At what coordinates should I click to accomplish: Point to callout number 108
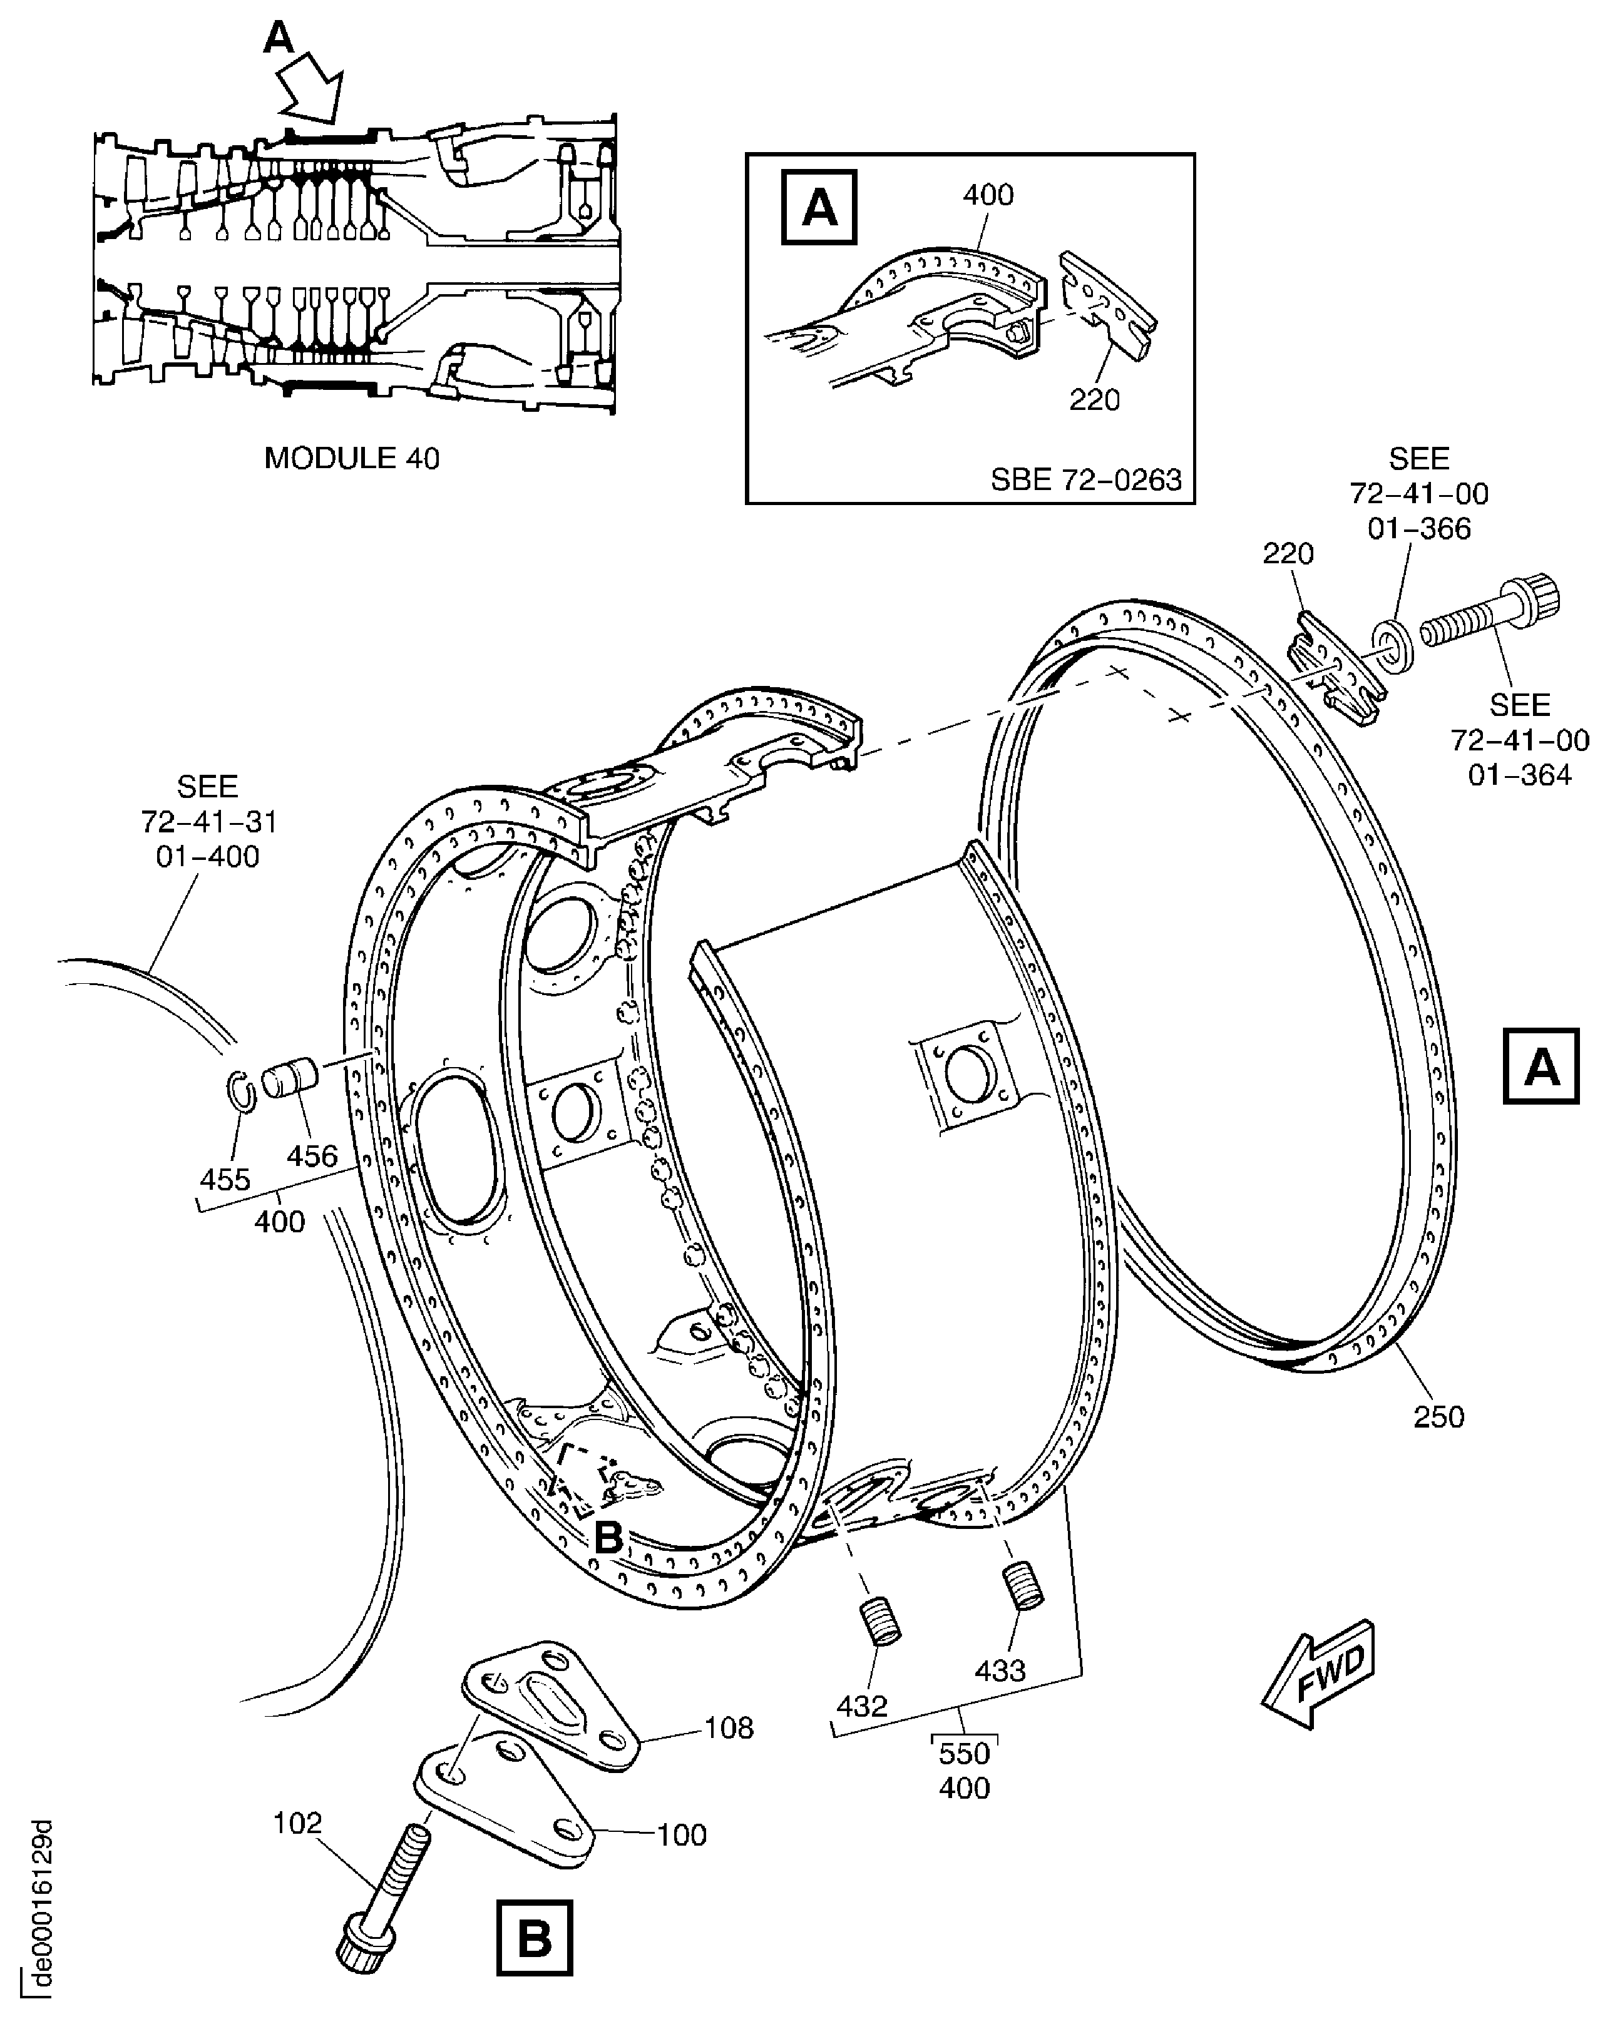[x=728, y=1728]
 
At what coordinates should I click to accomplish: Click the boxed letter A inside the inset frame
[x=819, y=207]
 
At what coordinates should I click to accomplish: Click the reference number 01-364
[x=1519, y=774]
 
